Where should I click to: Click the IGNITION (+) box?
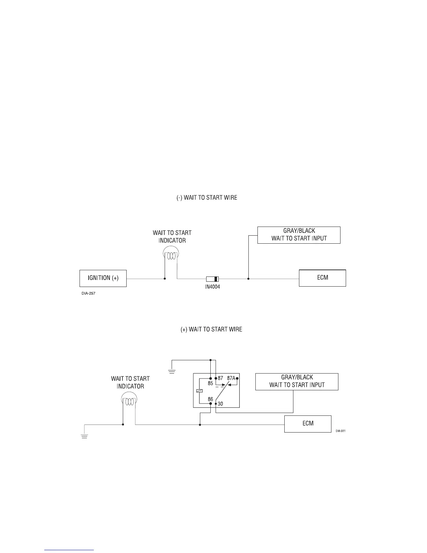103,278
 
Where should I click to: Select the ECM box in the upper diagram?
322,278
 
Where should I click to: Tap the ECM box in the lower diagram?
308,424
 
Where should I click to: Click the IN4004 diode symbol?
212,279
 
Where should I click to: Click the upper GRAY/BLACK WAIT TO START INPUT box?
299,235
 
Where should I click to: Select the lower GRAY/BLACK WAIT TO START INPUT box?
297,382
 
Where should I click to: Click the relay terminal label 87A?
231,378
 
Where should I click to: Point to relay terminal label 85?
210,383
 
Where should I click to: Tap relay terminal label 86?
210,399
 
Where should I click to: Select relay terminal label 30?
220,404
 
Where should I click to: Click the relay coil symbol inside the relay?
199,391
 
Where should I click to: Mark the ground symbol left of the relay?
172,371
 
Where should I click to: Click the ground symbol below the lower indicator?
84,436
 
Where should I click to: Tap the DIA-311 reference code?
340,431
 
